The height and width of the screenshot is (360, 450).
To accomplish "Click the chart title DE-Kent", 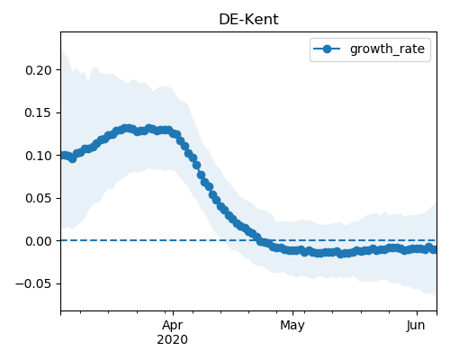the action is (248, 20).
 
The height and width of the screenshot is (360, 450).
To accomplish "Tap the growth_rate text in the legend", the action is (387, 49).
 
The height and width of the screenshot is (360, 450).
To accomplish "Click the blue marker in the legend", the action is (327, 49).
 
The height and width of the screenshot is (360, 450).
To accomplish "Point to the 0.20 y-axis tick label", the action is (39, 70).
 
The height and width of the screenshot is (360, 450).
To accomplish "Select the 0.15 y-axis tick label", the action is (39, 112).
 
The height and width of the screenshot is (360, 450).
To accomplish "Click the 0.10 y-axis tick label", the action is (39, 156).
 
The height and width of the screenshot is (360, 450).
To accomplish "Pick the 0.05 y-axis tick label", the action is (39, 198).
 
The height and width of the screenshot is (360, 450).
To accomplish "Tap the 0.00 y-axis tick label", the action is (39, 241).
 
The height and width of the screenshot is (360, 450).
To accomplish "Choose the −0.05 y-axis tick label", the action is (34, 283).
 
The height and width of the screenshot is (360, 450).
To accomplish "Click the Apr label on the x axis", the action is (173, 326).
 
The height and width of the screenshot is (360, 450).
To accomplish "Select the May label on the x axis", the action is (292, 326).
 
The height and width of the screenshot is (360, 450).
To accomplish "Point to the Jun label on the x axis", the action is (416, 326).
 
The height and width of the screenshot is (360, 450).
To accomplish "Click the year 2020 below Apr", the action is (173, 340).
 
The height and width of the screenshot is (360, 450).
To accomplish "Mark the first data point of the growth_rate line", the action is (64, 155).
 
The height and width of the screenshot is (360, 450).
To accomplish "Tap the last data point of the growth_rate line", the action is (434, 249).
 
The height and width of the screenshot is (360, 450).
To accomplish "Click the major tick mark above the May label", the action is (293, 313).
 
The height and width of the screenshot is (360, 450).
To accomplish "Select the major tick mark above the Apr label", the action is (173, 313).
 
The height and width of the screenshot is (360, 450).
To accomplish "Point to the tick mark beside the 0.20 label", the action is (58, 70).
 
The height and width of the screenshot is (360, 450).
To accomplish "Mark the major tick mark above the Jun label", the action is (417, 313).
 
